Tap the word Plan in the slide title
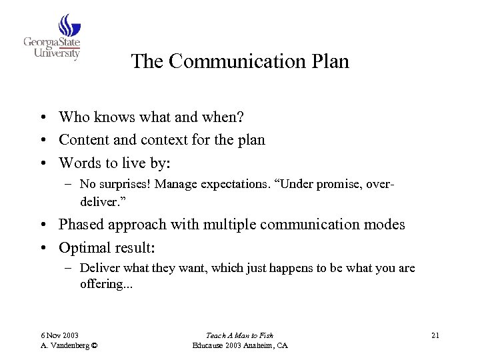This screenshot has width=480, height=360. (329, 61)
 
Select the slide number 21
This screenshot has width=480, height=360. (435, 335)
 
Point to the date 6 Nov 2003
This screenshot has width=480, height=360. (60, 335)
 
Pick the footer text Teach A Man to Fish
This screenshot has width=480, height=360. (239, 335)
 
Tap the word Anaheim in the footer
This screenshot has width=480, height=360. (261, 345)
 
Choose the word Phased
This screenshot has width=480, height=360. (81, 225)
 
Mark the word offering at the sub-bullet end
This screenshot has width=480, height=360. (106, 284)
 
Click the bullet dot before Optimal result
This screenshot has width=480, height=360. (42, 248)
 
